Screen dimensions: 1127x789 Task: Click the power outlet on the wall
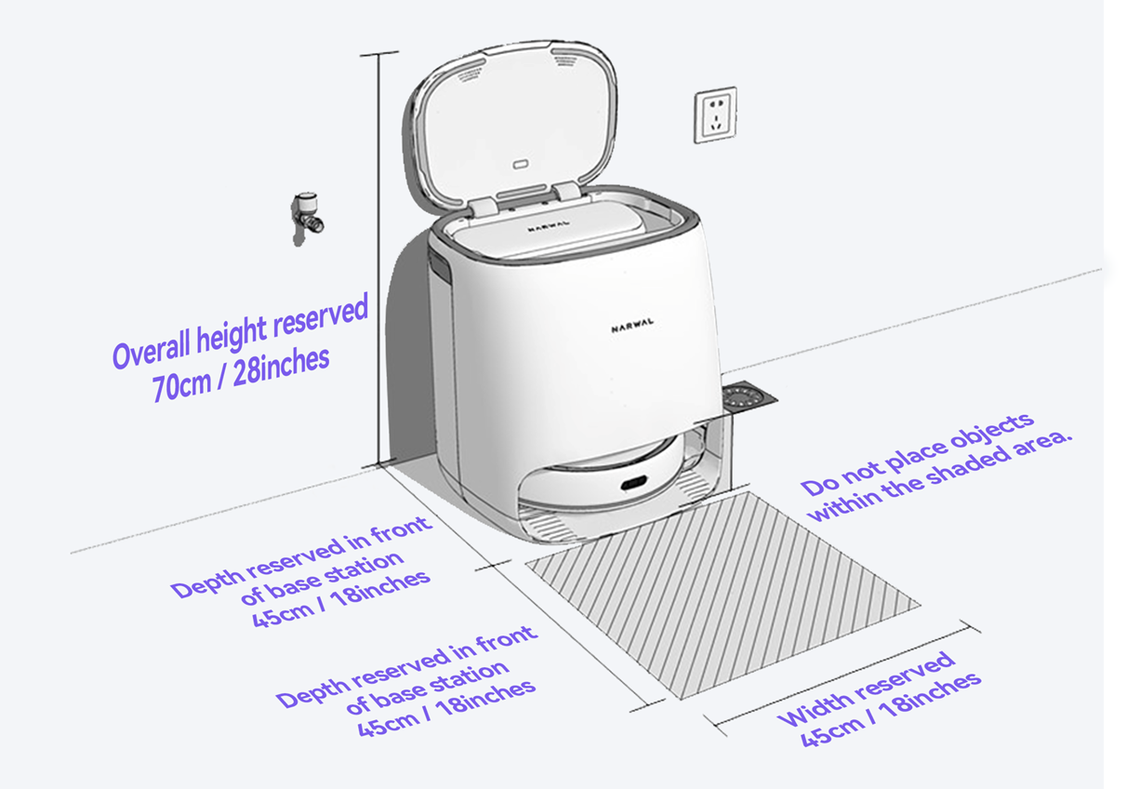pyautogui.click(x=715, y=114)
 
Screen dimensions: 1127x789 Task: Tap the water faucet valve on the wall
pyautogui.click(x=307, y=218)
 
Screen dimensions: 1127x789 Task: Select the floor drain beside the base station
pyautogui.click(x=749, y=397)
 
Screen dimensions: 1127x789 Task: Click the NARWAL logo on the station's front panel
pyautogui.click(x=632, y=326)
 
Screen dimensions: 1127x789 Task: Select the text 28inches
pyautogui.click(x=281, y=367)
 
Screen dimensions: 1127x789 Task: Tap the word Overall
pyautogui.click(x=152, y=349)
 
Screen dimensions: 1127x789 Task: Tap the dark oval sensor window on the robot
pyautogui.click(x=633, y=484)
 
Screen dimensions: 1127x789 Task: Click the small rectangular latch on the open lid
pyautogui.click(x=520, y=164)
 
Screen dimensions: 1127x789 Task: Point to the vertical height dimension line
pyautogui.click(x=378, y=259)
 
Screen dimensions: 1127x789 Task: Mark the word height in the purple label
pyautogui.click(x=232, y=333)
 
